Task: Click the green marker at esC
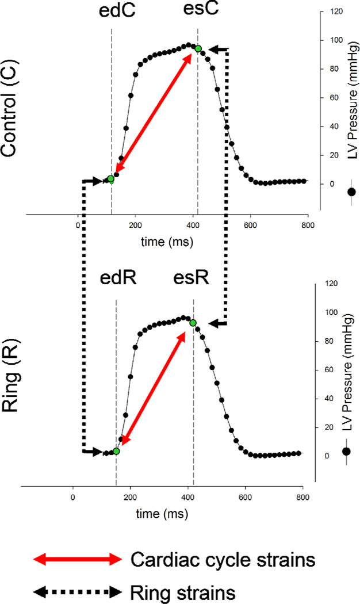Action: [x=198, y=49]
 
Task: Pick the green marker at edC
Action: [x=111, y=179]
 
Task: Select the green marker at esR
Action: [x=193, y=323]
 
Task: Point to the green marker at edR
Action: [x=116, y=452]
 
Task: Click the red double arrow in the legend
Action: [x=78, y=559]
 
